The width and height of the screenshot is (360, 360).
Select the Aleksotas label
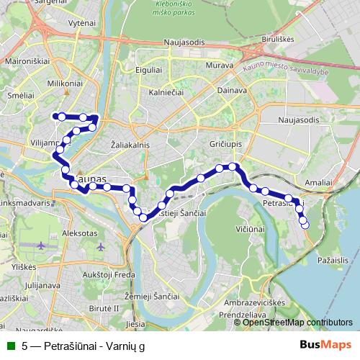point(80,235)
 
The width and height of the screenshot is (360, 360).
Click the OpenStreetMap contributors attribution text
point(298,322)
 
